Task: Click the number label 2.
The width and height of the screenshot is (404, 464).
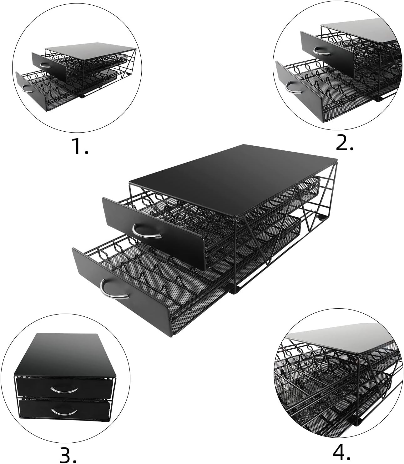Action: click(x=345, y=143)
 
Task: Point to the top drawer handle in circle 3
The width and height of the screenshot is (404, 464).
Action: click(x=64, y=389)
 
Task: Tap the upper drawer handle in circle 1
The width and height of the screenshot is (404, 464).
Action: click(x=45, y=65)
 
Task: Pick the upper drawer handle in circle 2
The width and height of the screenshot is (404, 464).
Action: click(x=322, y=50)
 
